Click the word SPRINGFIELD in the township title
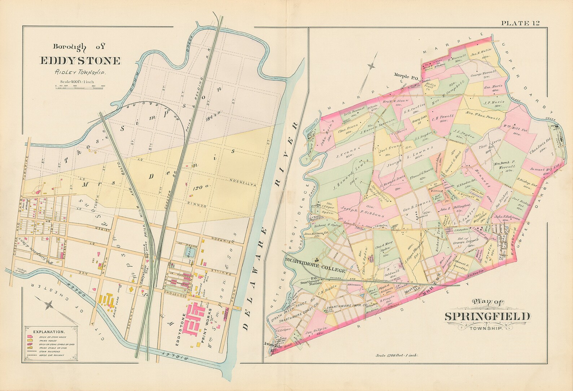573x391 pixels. [487, 317]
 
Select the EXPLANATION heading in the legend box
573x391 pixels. [49, 331]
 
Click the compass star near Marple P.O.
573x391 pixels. [371, 66]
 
